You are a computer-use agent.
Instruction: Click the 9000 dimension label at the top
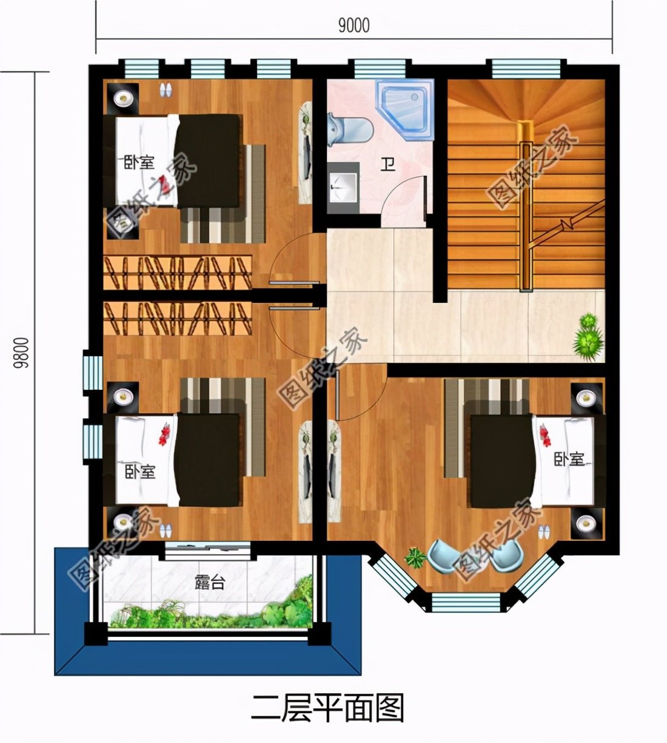(354, 25)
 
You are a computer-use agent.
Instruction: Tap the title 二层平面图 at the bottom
(327, 708)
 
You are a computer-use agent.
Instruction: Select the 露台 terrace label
(210, 583)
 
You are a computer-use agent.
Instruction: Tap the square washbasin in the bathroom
(343, 186)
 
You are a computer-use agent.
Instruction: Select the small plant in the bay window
(416, 557)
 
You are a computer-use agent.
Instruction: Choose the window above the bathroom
(380, 68)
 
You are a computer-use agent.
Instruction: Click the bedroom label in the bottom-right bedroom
(568, 460)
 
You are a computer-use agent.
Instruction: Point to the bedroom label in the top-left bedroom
(139, 162)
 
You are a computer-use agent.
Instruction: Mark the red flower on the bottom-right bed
(545, 435)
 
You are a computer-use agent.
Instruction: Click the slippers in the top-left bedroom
(165, 90)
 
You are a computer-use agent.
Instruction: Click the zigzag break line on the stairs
(568, 224)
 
